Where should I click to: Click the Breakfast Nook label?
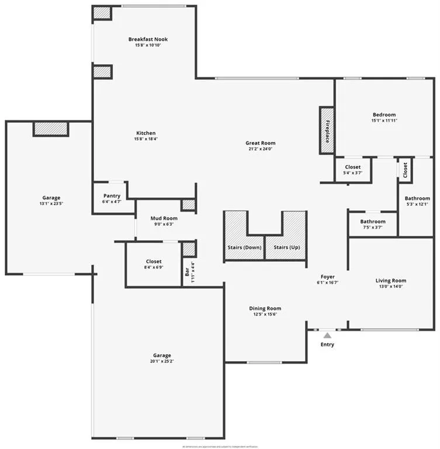tap(148, 39)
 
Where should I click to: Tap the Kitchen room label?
tap(146, 133)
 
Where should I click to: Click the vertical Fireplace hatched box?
tap(327, 130)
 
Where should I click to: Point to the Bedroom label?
tap(384, 115)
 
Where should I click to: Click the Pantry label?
tap(112, 196)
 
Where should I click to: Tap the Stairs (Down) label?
tap(244, 247)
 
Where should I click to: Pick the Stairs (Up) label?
tap(287, 247)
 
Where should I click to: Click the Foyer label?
tap(327, 277)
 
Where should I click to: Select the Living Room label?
tap(390, 281)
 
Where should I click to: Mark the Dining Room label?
tap(265, 308)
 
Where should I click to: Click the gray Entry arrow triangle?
tap(327, 336)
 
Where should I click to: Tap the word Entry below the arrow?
tap(327, 345)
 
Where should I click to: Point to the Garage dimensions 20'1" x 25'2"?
tap(162, 361)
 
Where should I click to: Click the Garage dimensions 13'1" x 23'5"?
tap(51, 203)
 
